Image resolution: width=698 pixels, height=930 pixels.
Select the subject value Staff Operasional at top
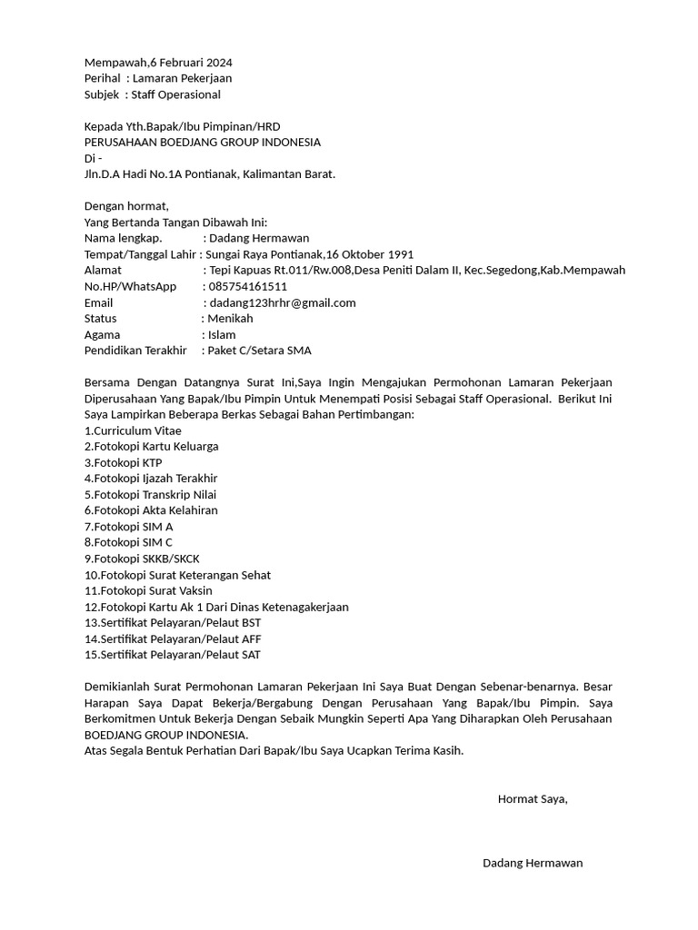pyautogui.click(x=175, y=94)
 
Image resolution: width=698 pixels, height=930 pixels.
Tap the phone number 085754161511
pyautogui.click(x=248, y=286)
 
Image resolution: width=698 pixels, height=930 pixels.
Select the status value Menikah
pyautogui.click(x=230, y=319)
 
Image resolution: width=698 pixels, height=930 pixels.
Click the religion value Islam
pyautogui.click(x=222, y=334)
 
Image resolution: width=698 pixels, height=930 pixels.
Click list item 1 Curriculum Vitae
pyautogui.click(x=133, y=430)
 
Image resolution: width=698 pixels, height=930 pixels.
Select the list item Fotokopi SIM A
pyautogui.click(x=128, y=526)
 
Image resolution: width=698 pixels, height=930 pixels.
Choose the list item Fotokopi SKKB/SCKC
pyautogui.click(x=142, y=558)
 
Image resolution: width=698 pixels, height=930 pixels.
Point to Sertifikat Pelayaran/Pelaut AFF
pyautogui.click(x=173, y=638)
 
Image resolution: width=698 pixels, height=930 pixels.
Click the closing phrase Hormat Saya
pyautogui.click(x=533, y=799)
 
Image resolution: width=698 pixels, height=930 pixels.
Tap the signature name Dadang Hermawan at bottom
pyautogui.click(x=533, y=863)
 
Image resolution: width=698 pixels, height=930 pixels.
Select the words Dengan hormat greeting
pyautogui.click(x=126, y=206)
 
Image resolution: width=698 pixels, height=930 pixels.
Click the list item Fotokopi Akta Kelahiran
pyautogui.click(x=151, y=510)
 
